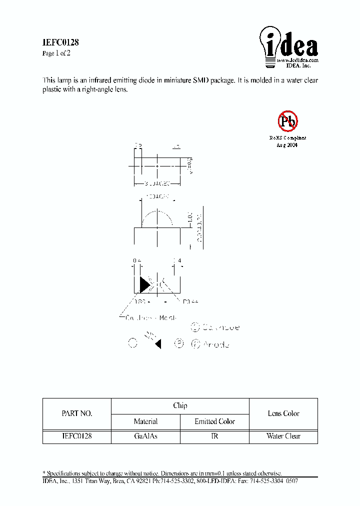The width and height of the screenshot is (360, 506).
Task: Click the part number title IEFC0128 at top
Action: point(60,43)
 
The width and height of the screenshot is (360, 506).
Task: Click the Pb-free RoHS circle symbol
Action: point(287,120)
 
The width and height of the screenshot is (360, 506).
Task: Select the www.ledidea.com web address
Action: point(297,60)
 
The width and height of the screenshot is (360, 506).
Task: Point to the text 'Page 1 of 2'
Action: point(56,53)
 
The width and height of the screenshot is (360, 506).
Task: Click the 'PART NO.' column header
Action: point(76,413)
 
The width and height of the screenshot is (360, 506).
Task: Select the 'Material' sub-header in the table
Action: point(145,421)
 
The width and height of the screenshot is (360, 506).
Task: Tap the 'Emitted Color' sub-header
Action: point(214,421)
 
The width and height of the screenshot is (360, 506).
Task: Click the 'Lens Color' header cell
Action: point(283,413)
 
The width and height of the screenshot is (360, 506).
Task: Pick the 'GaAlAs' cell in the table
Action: point(145,436)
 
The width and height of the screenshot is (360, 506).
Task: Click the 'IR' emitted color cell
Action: point(214,436)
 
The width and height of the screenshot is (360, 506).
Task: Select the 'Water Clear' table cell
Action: point(283,436)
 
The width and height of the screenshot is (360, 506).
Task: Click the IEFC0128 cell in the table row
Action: point(76,436)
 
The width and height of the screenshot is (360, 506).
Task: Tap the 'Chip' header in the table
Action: point(180,405)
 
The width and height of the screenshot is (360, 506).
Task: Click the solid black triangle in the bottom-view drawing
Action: point(144,284)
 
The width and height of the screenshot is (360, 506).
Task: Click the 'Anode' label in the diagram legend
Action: point(216,344)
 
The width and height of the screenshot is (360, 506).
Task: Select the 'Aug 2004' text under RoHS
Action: point(287,144)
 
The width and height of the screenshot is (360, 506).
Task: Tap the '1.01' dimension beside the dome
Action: point(189,217)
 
